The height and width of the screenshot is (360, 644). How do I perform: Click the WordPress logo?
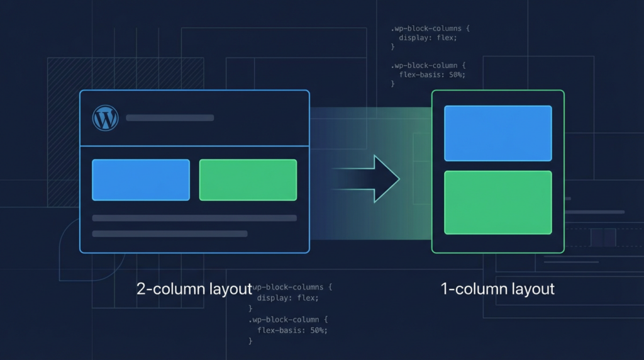point(106,118)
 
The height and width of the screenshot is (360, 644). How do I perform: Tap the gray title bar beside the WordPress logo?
point(170,118)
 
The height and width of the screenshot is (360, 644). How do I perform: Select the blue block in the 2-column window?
point(141,180)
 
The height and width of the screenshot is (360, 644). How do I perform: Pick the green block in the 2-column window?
point(248,180)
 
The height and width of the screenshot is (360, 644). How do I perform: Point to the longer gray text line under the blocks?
point(194,218)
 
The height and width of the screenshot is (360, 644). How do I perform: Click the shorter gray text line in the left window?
point(170,233)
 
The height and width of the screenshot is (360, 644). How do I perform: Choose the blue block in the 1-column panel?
point(497,133)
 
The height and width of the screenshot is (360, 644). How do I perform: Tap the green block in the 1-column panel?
point(497,203)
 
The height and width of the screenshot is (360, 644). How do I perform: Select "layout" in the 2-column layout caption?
point(228,290)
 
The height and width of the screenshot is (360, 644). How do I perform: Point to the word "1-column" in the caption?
point(470,290)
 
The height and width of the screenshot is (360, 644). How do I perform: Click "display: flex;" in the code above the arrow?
point(428,38)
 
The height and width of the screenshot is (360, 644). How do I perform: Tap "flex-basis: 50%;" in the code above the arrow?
point(432,75)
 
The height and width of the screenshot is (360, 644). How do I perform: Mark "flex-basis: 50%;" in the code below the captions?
point(292,330)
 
